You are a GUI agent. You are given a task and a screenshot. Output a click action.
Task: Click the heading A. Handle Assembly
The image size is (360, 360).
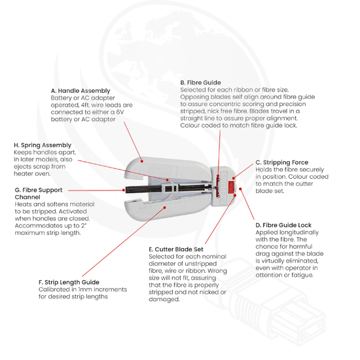(x=81, y=91)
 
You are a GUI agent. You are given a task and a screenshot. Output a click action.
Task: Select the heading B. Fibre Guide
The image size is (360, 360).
(x=200, y=82)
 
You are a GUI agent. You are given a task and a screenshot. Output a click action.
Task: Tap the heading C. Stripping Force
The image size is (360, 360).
(x=282, y=162)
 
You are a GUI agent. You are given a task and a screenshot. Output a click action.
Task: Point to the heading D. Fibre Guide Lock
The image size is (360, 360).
(x=283, y=225)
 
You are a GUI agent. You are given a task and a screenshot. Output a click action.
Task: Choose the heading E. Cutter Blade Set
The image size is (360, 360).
(x=176, y=249)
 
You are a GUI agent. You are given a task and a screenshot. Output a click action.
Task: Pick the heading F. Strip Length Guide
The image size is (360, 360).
(x=69, y=282)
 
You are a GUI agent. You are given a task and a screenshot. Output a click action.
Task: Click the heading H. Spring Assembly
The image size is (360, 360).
(x=43, y=145)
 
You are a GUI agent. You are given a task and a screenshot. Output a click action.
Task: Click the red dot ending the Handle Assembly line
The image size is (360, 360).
(x=142, y=161)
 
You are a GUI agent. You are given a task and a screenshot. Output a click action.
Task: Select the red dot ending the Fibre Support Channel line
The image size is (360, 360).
(x=124, y=190)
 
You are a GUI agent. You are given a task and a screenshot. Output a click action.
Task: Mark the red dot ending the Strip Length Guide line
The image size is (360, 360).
(x=164, y=207)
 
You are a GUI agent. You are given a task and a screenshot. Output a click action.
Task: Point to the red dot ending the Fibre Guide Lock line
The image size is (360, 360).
(x=240, y=189)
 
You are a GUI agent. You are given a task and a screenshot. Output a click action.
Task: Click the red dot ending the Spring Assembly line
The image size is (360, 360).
(x=168, y=180)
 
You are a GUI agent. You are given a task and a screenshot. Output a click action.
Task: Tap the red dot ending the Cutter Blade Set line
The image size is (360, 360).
(x=235, y=195)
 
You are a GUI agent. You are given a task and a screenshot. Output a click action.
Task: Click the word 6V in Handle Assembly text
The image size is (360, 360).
(x=120, y=112)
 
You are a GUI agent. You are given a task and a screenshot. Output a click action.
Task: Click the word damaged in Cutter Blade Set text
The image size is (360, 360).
(x=164, y=299)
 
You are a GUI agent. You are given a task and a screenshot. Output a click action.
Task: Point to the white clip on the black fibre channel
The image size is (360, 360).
(x=170, y=188)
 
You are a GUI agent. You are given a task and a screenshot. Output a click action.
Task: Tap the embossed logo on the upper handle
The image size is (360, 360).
(x=163, y=170)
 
